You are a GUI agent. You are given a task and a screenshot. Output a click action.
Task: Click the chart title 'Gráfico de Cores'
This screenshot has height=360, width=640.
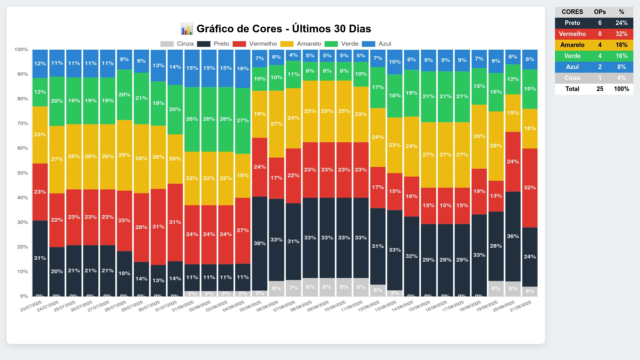point(283,29)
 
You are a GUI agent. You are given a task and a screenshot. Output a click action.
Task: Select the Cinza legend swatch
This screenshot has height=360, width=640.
point(167,44)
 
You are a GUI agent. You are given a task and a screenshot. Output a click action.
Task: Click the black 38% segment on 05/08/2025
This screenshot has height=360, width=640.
point(260,243)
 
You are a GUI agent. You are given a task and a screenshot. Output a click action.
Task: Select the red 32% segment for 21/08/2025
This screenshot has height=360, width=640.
point(530,188)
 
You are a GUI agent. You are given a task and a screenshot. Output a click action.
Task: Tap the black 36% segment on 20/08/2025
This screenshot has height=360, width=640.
point(513,236)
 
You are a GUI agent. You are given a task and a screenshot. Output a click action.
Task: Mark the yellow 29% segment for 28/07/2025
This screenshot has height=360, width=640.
point(124,155)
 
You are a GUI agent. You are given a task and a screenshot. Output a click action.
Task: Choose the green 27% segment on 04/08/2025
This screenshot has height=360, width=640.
point(243,120)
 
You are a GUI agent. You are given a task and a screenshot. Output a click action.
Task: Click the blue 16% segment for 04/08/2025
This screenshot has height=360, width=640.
point(243,69)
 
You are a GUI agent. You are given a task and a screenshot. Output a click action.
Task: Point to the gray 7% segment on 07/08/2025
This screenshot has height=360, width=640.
point(293,288)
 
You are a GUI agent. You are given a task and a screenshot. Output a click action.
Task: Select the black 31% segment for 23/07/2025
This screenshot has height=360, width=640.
point(40,258)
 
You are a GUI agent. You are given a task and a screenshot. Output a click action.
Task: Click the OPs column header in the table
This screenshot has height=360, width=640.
point(600,12)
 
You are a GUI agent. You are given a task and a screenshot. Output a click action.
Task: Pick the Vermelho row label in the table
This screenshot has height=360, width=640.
point(572,34)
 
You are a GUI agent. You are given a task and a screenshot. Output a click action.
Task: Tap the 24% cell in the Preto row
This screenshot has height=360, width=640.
point(621,23)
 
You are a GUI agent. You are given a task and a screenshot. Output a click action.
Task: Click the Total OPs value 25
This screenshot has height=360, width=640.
point(600,89)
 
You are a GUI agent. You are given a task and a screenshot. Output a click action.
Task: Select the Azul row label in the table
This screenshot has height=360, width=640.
point(572,67)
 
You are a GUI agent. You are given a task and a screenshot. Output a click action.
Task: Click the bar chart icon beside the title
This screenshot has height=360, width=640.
point(187,29)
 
